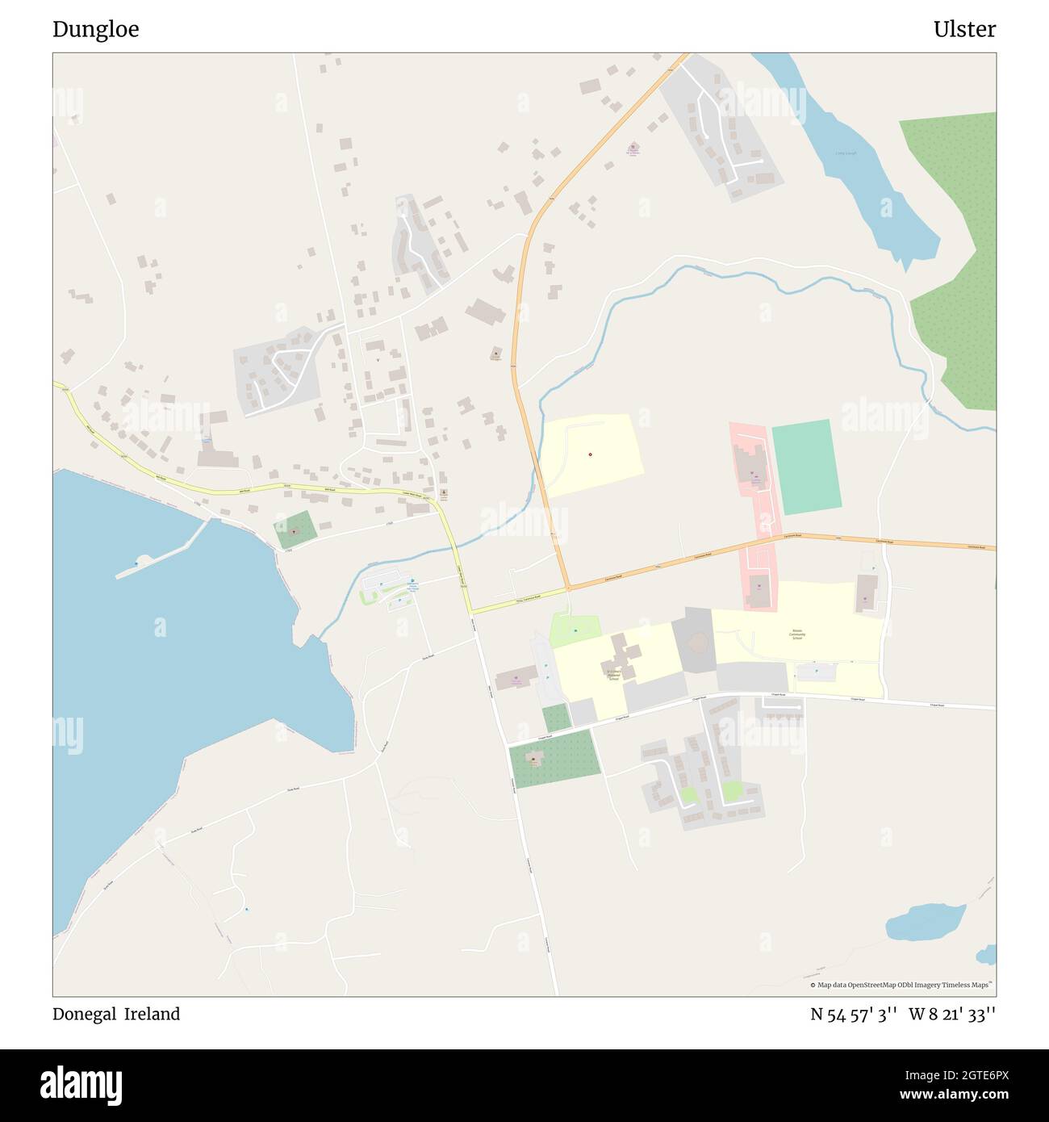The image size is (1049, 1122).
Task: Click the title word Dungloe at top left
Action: pyautogui.click(x=95, y=30)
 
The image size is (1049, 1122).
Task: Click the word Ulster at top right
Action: pyautogui.click(x=964, y=30)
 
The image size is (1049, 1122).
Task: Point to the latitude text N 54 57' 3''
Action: pyautogui.click(x=854, y=1015)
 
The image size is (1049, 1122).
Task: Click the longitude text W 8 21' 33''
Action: pyautogui.click(x=952, y=1015)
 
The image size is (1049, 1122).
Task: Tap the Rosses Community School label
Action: pyautogui.click(x=797, y=634)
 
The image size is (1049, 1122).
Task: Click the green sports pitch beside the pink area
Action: pyautogui.click(x=806, y=467)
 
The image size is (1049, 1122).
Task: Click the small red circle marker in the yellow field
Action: pyautogui.click(x=591, y=454)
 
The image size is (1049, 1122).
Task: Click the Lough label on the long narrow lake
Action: pyautogui.click(x=846, y=153)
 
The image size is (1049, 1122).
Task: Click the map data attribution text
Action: pyautogui.click(x=901, y=985)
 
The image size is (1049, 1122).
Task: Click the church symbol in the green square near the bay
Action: pyautogui.click(x=294, y=531)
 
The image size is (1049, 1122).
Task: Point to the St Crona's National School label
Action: pyautogui.click(x=614, y=674)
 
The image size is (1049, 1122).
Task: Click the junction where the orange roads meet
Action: pyautogui.click(x=569, y=588)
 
